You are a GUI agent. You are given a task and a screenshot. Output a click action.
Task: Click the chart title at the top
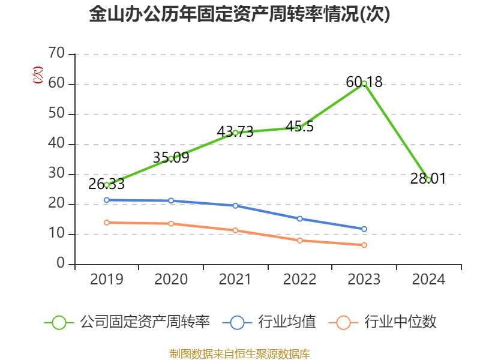(x=239, y=14)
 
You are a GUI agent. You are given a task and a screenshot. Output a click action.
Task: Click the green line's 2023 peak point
(x=364, y=83)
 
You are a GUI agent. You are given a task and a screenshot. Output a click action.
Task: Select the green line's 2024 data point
(x=428, y=179)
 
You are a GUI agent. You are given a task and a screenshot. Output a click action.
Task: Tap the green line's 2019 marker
(x=107, y=185)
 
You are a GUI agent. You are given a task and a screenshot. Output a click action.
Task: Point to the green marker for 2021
(x=235, y=133)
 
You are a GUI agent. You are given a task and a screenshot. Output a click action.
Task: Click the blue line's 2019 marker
(x=107, y=200)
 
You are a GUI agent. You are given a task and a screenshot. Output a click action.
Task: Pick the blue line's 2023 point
(x=364, y=229)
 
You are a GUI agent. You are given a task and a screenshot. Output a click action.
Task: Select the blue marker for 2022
(x=299, y=218)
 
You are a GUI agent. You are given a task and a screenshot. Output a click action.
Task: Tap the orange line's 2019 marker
(x=107, y=223)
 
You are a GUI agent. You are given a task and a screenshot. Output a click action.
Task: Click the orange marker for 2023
(x=364, y=245)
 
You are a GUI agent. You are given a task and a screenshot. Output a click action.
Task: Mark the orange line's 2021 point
(x=235, y=230)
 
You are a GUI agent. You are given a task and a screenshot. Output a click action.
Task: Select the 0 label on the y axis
(x=61, y=264)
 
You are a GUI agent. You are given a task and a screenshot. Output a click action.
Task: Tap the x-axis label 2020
(x=171, y=280)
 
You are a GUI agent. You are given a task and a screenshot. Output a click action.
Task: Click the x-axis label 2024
(x=428, y=280)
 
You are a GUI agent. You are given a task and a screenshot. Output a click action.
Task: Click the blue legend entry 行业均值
(x=270, y=322)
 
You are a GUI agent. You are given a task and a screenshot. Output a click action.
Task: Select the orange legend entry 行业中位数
(x=384, y=322)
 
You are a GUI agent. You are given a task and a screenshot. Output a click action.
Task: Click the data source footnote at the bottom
(x=239, y=353)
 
